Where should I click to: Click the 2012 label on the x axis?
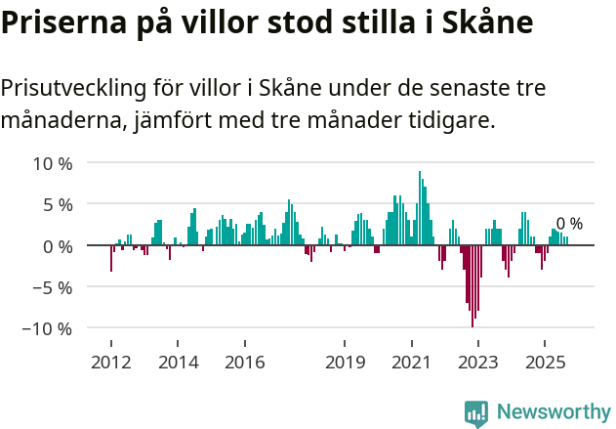coord(110,363)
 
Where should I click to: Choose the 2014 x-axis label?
coord(178,363)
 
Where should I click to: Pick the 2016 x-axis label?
coord(244,363)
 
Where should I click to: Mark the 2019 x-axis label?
coord(345,363)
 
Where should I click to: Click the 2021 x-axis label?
coord(411,363)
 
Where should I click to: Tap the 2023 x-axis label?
coord(478,363)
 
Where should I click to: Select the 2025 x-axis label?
coord(545,363)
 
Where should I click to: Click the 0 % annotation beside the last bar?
coord(569,224)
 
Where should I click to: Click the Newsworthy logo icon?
coord(476,412)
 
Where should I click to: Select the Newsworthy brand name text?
coord(554,412)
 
